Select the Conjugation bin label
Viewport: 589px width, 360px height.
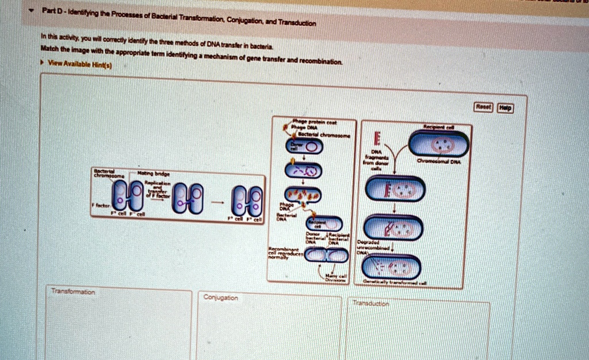tap(221, 297)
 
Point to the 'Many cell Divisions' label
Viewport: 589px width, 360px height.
tap(334, 278)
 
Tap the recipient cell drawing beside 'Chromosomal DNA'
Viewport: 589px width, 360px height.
tap(439, 145)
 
